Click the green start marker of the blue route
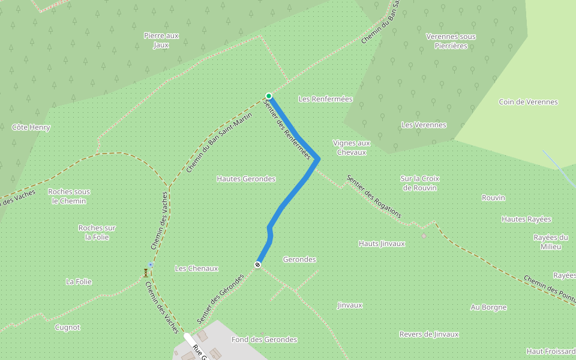pos(269,96)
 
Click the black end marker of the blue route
pos(258,265)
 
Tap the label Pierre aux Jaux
pos(161,40)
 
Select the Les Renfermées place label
pos(325,99)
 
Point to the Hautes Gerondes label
pos(246,179)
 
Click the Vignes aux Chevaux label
pos(352,148)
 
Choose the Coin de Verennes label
pos(528,102)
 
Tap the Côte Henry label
pos(31,127)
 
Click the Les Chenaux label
pos(196,268)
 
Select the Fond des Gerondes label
pos(264,340)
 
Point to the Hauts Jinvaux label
pos(382,244)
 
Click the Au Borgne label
pos(488,307)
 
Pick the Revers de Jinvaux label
pos(429,334)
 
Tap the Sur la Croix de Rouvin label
pos(420,183)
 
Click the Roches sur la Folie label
pos(97,232)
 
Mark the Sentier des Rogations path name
pos(374,197)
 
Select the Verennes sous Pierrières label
pos(451,41)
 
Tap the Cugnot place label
pos(67,328)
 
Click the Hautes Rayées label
pos(526,220)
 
